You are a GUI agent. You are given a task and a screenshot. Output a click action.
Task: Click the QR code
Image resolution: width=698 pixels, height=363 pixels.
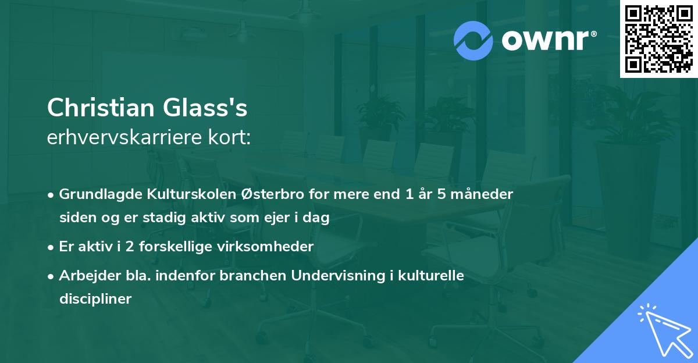coord(658,39)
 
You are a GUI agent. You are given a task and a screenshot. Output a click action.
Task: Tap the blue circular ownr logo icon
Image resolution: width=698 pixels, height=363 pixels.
coord(473,41)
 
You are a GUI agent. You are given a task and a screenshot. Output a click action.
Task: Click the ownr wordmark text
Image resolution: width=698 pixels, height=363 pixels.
coord(549,40)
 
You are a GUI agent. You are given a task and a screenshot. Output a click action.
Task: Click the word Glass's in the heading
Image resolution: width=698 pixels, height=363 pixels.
coord(205,108)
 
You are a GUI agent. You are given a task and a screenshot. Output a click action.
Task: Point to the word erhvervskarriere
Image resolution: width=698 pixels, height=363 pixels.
coord(124,137)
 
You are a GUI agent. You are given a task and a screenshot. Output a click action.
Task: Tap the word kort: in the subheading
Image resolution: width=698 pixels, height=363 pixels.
coord(229,137)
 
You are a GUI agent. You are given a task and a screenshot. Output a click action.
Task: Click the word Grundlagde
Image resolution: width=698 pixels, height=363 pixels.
coord(101,194)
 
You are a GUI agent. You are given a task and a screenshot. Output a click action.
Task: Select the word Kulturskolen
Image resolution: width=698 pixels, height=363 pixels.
coord(191,194)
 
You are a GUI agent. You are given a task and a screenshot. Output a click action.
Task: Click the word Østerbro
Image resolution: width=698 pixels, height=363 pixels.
coord(272,194)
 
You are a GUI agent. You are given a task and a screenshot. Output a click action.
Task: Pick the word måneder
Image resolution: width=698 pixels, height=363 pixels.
coord(482,194)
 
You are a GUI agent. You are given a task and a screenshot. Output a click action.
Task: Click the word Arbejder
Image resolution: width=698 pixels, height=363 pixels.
coord(90,276)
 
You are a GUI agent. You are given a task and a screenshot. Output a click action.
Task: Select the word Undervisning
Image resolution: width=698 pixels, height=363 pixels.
coord(338,276)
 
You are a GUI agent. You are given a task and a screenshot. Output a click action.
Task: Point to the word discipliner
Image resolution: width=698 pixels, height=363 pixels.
coord(95,299)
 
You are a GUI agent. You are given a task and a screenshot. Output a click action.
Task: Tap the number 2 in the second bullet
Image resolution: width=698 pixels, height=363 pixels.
coord(130,247)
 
